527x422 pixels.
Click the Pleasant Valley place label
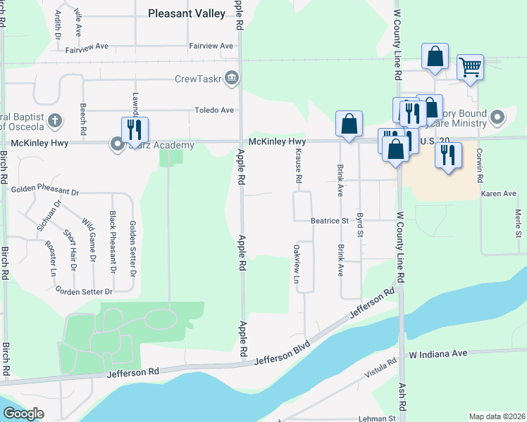(187, 13)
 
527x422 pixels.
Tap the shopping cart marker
(470, 68)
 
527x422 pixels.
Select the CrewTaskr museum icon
(231, 77)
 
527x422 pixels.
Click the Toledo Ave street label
(214, 110)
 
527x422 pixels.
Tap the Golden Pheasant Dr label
(45, 191)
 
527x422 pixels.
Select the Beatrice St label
(330, 221)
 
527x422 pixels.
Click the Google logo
(23, 413)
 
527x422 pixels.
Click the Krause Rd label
(299, 170)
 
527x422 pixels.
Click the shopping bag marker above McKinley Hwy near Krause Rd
(349, 124)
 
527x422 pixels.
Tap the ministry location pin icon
(498, 116)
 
